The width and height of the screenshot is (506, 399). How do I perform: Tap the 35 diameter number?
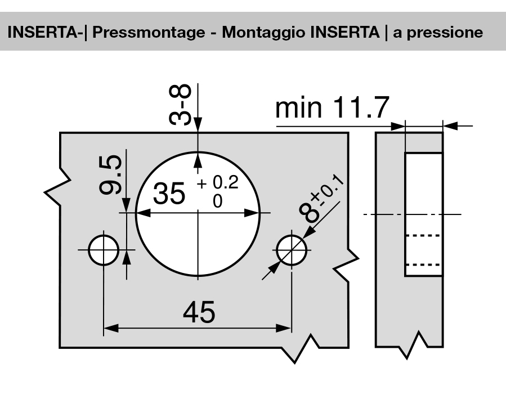pyautogui.click(x=169, y=195)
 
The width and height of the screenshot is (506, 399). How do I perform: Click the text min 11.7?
pyautogui.click(x=332, y=109)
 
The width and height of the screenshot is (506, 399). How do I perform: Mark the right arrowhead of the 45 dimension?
pyautogui.click(x=286, y=328)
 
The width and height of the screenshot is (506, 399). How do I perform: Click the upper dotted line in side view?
pyautogui.click(x=423, y=237)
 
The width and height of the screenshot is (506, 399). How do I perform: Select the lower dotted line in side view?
pyautogui.click(x=423, y=263)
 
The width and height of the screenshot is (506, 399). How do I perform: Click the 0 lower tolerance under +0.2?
pyautogui.click(x=217, y=201)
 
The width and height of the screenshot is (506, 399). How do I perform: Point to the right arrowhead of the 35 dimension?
pyautogui.click(x=256, y=213)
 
